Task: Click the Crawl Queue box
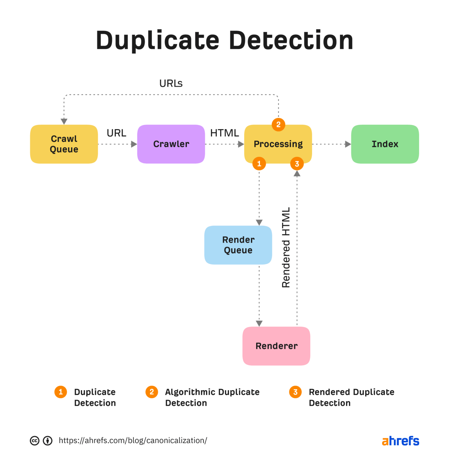point(64,144)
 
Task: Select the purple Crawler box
point(171,144)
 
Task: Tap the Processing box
point(278,144)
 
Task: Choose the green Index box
point(385,144)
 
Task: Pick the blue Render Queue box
point(238,245)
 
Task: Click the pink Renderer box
point(276,346)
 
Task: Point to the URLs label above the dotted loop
point(171,83)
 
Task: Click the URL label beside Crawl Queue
point(116,133)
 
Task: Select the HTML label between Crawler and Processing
point(224,133)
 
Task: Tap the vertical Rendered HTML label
point(286,247)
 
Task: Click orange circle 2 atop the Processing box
point(278,125)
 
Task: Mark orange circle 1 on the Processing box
point(259,164)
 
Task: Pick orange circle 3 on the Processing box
point(297,164)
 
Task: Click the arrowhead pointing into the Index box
point(348,144)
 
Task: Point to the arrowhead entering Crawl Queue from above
point(64,121)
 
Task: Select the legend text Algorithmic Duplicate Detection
point(212,397)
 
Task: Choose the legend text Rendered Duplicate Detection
point(351,397)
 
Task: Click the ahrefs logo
point(400,441)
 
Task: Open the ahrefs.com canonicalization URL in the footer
point(133,440)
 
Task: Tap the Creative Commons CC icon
point(35,441)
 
